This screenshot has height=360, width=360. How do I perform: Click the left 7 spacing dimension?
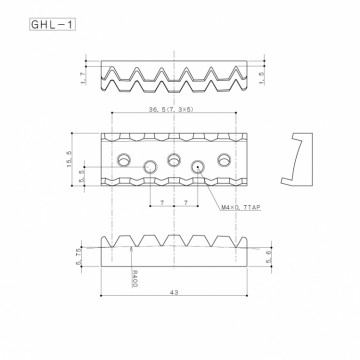point(161,202)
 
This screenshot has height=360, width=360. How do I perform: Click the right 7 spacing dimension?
point(186,202)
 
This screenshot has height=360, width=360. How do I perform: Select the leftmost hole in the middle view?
point(123,160)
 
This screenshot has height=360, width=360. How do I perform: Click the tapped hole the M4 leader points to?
point(198,167)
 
